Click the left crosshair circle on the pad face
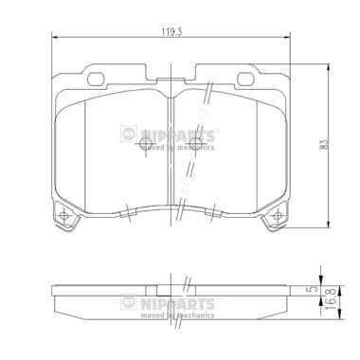click(x=144, y=145)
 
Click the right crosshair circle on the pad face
click(x=197, y=145)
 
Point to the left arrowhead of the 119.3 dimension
click(x=51, y=38)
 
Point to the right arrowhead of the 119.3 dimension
click(x=292, y=38)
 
